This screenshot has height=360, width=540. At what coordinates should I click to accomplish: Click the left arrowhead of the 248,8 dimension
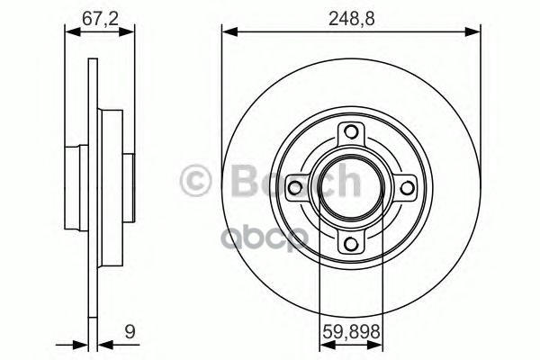[228, 33]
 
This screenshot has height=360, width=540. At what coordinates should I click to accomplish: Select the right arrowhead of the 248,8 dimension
[473, 33]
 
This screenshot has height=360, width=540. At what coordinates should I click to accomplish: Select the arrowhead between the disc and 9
[102, 343]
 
